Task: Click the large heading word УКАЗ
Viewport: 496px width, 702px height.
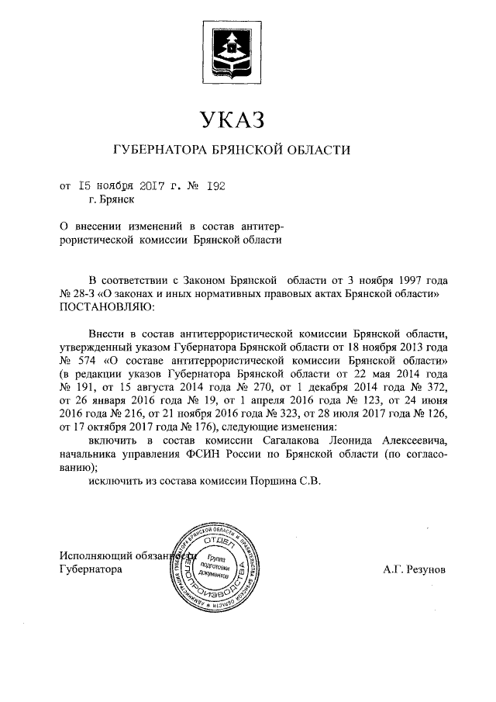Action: click(232, 119)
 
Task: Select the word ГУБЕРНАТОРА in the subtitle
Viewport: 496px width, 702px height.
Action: click(160, 150)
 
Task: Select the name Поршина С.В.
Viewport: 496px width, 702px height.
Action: click(290, 481)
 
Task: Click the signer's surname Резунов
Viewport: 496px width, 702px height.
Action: click(424, 569)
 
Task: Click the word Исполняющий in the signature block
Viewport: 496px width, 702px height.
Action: click(93, 555)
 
